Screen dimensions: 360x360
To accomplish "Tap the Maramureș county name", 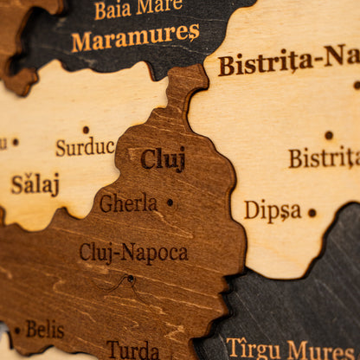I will point(135,37).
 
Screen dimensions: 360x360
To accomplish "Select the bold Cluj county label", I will point(163,159).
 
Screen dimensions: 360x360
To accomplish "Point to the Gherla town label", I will point(128,203).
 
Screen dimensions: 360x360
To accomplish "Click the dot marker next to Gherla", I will point(170,203).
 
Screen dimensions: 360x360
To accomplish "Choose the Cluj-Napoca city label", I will point(133,253).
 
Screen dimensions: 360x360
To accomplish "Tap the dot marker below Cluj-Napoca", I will point(131,279).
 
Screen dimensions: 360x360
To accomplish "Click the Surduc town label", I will point(85,147).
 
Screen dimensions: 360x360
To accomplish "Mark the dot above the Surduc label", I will point(85,130).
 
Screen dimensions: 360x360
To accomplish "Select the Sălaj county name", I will point(35,183).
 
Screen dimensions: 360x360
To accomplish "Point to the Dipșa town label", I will point(273,210).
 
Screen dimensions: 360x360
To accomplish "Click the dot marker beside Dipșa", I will point(312,212).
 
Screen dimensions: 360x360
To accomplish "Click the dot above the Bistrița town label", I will point(328,135).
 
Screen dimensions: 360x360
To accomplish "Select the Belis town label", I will point(45,330).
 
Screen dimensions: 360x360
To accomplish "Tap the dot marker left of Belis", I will point(16,331).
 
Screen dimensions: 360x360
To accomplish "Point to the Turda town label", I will point(132,350).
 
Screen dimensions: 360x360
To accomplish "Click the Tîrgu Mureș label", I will point(291,348).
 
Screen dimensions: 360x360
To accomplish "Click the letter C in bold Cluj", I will point(148,159).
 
